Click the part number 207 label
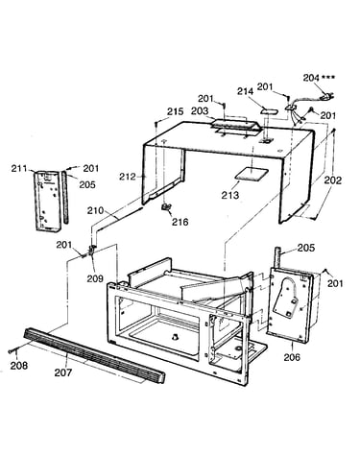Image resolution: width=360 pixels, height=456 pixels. click(63, 372)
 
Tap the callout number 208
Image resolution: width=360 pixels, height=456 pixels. click(19, 365)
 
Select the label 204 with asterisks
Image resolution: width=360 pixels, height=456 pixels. click(319, 78)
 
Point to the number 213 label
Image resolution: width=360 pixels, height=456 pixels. click(230, 195)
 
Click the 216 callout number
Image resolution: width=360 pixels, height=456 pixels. click(180, 222)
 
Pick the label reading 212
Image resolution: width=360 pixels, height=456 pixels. click(128, 177)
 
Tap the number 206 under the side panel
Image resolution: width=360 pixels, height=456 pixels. click(292, 356)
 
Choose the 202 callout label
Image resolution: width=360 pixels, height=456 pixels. click(333, 180)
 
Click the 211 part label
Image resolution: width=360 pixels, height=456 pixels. click(20, 168)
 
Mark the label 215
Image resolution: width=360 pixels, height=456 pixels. click(176, 111)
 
